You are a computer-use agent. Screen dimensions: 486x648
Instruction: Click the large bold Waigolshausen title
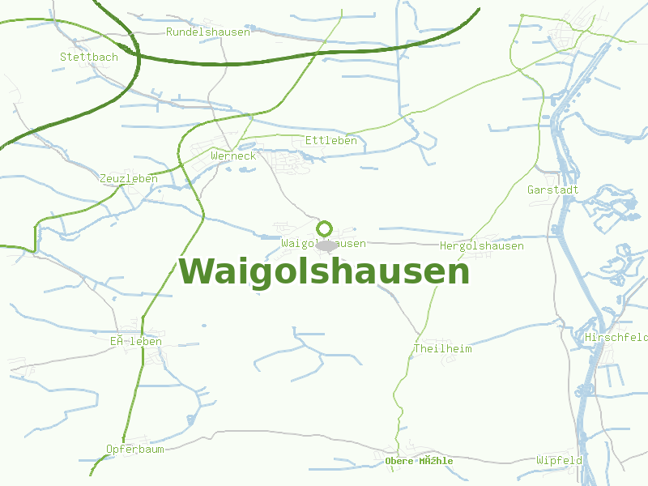324,271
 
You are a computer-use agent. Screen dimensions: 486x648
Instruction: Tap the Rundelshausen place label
208,32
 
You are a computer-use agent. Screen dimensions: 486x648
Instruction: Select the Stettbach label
89,58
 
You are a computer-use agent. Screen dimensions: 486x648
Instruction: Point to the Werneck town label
232,156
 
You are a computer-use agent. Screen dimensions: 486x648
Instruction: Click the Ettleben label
331,141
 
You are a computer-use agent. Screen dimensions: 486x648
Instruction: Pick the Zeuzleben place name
129,178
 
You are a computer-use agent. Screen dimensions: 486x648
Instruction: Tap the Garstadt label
553,190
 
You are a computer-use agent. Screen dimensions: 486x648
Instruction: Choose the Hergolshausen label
482,245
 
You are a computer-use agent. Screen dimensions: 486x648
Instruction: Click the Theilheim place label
442,348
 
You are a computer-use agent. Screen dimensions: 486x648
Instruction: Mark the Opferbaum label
135,449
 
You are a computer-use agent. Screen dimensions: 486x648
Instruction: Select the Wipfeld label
559,460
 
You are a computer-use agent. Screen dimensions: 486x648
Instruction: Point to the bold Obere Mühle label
419,461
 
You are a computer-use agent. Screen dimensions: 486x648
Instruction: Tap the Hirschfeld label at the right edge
616,337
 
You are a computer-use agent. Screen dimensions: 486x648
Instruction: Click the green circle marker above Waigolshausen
325,228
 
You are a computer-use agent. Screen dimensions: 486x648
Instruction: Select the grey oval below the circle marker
326,245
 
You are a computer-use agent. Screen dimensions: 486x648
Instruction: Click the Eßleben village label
136,342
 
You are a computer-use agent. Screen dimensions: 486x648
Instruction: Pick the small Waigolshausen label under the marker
323,243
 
